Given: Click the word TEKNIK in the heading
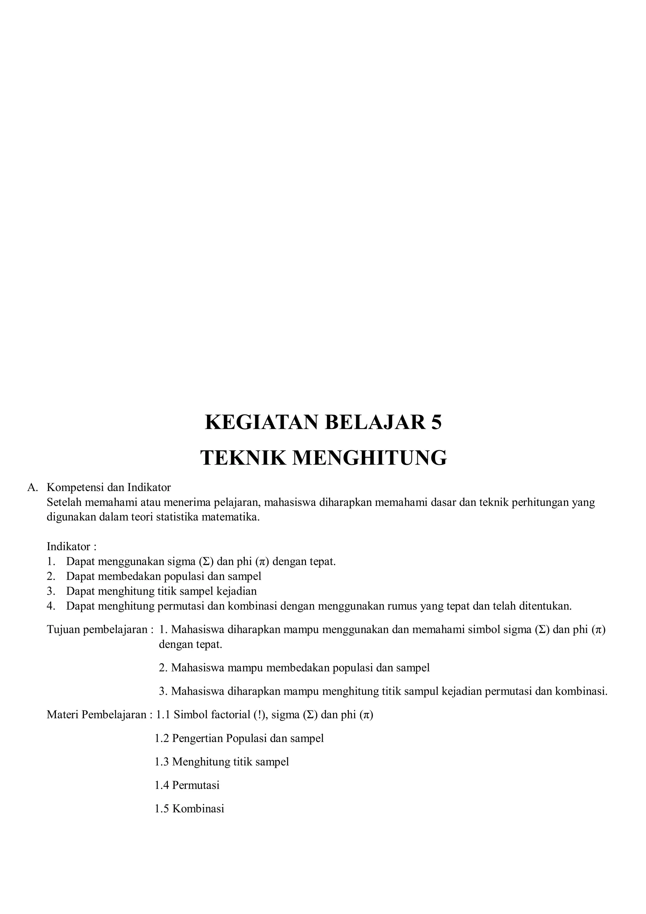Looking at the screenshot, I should coord(242,458).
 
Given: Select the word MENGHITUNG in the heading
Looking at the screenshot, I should coord(370,458).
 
